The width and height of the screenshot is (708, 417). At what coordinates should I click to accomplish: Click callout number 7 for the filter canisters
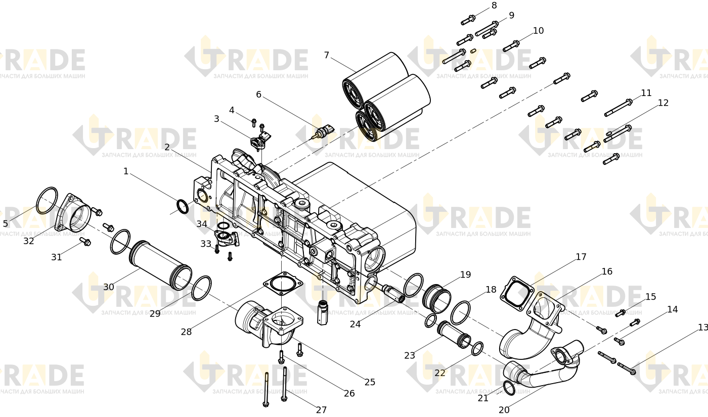[x=327, y=55]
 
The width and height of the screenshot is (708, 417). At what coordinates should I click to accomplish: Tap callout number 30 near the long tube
[x=109, y=287]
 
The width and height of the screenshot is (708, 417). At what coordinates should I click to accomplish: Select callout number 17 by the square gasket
[x=581, y=257]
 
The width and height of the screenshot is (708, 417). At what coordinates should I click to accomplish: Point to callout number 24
[x=355, y=324]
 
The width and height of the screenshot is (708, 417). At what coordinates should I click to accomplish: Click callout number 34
[x=202, y=224]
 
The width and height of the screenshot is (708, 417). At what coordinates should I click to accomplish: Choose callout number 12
[x=663, y=103]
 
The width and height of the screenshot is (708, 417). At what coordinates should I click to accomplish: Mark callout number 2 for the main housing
[x=167, y=147]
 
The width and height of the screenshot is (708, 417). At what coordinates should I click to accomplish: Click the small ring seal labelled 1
[x=183, y=206]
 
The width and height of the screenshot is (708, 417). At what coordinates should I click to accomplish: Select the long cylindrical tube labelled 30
[x=160, y=265]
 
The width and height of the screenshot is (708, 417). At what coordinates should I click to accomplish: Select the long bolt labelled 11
[x=618, y=107]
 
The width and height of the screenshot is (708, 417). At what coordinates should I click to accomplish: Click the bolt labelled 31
[x=85, y=242]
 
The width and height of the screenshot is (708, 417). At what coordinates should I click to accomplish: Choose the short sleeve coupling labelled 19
[x=437, y=298]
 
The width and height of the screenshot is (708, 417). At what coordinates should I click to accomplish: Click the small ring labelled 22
[x=477, y=348]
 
